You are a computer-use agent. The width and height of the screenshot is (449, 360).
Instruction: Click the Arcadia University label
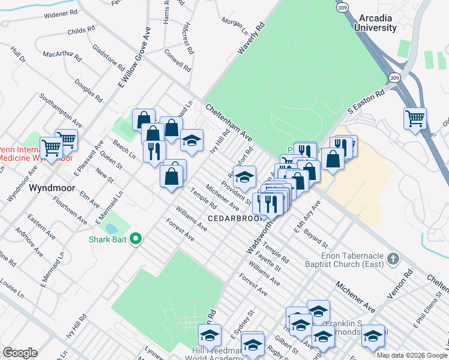375,23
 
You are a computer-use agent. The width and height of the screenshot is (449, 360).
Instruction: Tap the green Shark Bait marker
135,239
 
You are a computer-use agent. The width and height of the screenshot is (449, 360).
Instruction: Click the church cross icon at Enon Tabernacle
393,259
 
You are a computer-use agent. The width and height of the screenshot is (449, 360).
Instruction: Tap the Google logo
20,353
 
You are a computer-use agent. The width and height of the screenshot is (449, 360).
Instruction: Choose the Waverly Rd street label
252,40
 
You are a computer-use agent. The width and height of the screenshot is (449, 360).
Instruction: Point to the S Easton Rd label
366,103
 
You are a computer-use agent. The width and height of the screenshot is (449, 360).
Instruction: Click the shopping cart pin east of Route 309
415,119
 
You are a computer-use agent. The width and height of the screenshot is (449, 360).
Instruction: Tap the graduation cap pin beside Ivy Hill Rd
191,140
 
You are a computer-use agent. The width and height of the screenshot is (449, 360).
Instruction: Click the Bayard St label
315,238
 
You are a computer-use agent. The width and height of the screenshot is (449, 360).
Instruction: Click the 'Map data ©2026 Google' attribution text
412,355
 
